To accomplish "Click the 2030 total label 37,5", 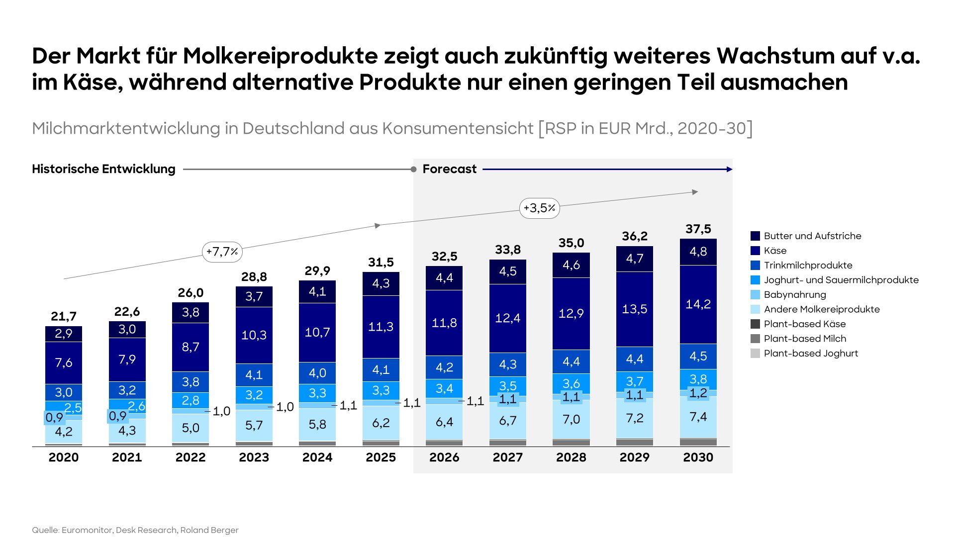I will coord(698,229).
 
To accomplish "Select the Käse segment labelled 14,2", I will coord(698,304).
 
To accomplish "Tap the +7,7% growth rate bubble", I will coord(222,252).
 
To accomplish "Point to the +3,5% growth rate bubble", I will coord(539,208).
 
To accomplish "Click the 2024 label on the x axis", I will coord(317,457).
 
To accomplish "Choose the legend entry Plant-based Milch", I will coord(805,339).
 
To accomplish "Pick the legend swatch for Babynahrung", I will coord(755,295).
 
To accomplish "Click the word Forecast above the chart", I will coord(449,169).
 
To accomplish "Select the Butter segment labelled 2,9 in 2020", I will coord(64,334).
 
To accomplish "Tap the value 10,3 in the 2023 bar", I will coord(254,335).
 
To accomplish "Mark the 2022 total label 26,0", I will coord(191,293).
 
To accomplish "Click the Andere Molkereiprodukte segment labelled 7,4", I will coord(698,417).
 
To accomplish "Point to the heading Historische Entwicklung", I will coord(103,169).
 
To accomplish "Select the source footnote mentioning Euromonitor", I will coord(135,530).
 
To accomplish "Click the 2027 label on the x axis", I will coord(507,457).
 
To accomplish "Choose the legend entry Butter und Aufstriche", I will coord(812,236).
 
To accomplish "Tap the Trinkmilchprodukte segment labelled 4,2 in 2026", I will coord(444,367).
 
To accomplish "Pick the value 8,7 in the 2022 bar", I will coord(191,347).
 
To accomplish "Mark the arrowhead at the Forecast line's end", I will coord(730,170).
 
